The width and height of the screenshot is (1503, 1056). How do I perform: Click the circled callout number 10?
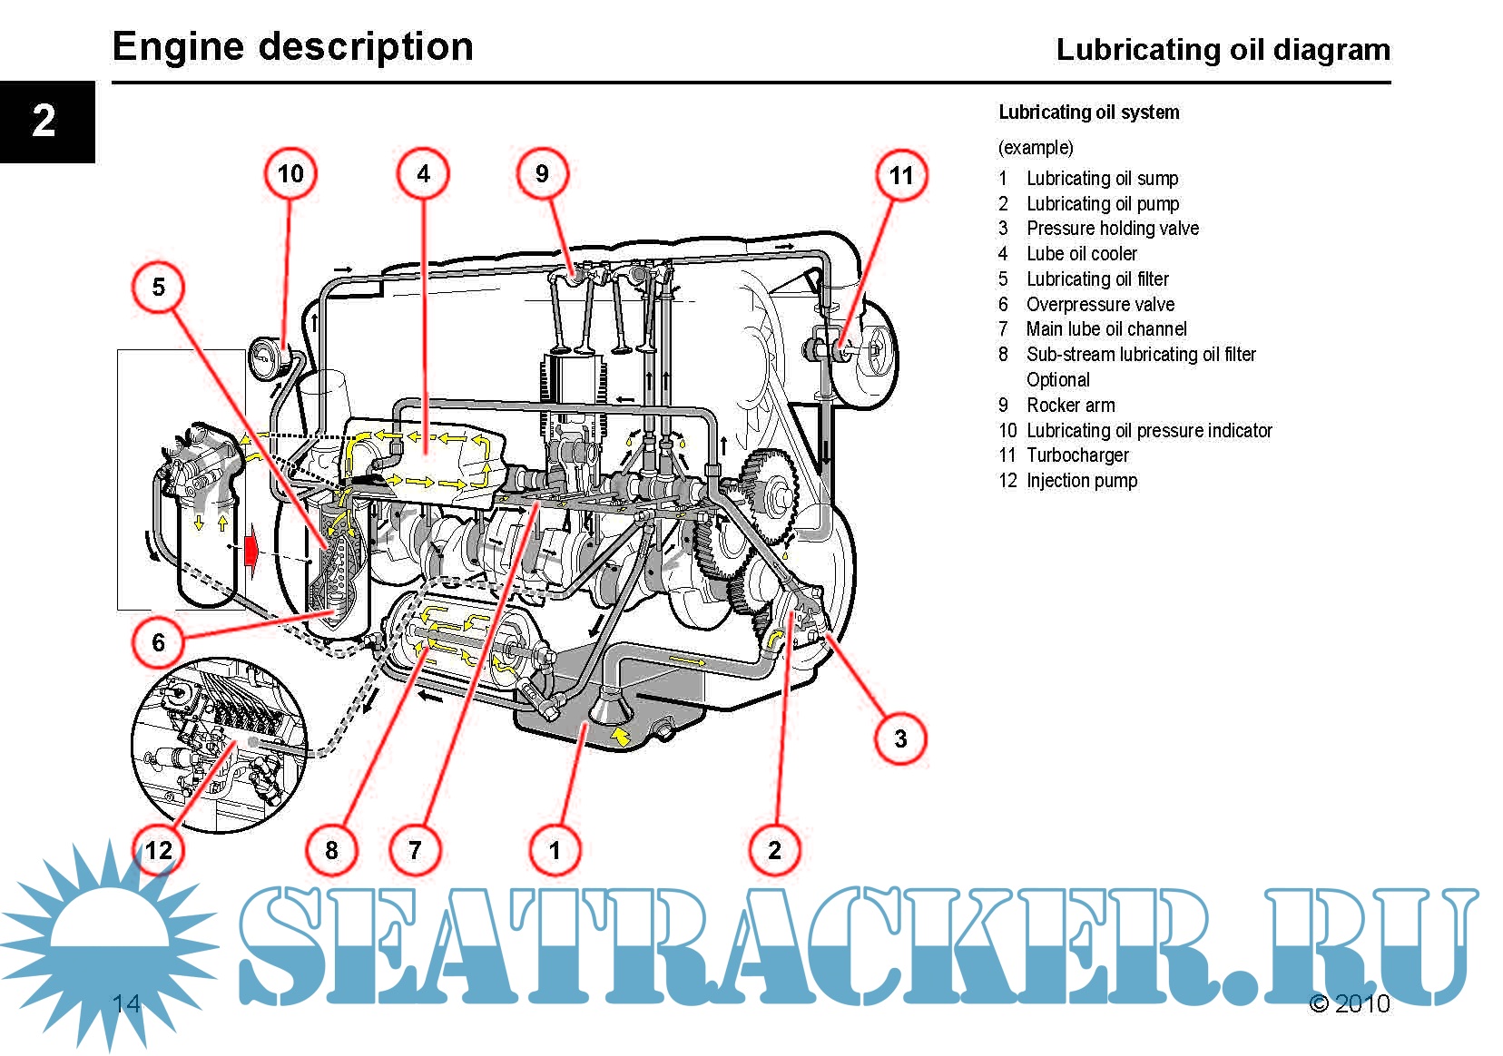point(290,173)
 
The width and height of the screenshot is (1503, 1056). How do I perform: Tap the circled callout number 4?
point(423,173)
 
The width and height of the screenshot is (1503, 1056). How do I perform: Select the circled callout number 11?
point(901,175)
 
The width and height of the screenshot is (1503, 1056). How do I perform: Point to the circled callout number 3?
point(900,738)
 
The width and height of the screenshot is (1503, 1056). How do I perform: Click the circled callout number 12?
point(159,850)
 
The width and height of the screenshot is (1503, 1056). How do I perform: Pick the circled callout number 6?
point(159,642)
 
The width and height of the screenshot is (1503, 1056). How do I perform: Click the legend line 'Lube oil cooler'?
point(1081,254)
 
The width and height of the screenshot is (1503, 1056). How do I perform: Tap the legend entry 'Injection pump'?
point(1081,481)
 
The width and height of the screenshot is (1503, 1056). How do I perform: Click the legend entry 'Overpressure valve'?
point(1100,305)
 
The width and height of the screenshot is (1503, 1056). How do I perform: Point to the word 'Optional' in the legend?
point(1057,380)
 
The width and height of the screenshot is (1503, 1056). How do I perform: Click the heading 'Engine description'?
point(292,46)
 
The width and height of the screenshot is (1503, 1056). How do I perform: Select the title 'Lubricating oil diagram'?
point(1223,49)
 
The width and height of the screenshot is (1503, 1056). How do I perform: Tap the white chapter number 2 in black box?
point(44,121)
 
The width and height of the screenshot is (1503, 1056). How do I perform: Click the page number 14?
point(126,1003)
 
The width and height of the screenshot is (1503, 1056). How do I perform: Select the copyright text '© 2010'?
point(1349,1003)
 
